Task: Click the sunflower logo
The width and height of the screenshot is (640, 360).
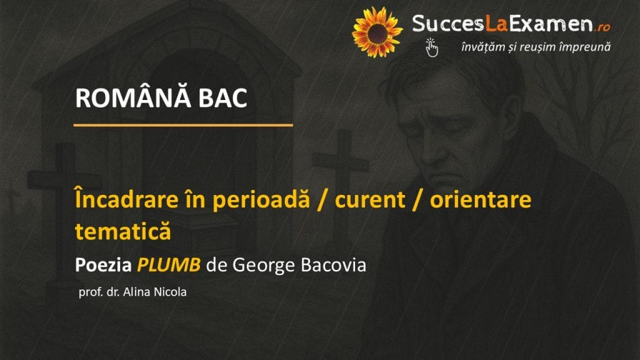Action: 377,32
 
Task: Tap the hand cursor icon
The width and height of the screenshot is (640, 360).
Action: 431,47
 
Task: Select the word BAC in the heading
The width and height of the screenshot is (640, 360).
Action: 223,98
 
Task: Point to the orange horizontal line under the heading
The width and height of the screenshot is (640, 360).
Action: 183,125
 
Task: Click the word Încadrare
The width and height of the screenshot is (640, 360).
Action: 127,199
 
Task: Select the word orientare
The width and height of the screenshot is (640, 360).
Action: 481,199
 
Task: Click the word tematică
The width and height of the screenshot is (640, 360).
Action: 123,231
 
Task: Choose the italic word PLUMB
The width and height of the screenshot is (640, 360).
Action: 169,265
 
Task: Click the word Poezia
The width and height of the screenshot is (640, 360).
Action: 103,265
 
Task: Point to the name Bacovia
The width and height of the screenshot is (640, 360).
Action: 334,265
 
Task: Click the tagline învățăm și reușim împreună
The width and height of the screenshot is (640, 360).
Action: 536,47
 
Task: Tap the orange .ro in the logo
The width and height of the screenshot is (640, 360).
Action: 603,27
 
